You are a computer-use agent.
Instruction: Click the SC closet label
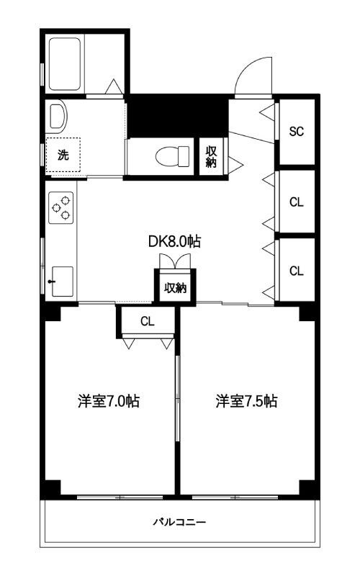tap(297, 132)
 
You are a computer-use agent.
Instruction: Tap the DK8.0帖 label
tap(174, 242)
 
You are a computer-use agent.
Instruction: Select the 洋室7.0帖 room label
tap(108, 402)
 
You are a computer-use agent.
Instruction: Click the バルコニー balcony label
tap(180, 522)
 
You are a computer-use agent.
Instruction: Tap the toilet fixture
tap(171, 155)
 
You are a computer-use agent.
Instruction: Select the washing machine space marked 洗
tap(63, 154)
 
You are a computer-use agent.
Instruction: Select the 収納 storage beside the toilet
tap(212, 156)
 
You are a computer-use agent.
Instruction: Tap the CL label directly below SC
tap(297, 202)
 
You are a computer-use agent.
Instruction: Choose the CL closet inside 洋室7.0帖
tap(147, 321)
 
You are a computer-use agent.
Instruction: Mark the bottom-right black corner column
tap(308, 487)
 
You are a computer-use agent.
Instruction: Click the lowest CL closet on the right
tap(297, 271)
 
